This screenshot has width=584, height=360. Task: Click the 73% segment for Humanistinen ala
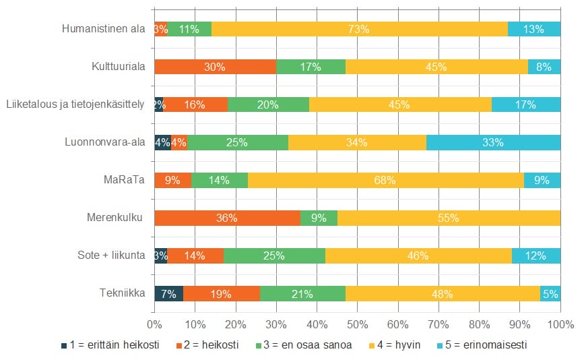[x=359, y=29]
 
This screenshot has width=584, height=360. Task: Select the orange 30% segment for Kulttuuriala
[x=215, y=67]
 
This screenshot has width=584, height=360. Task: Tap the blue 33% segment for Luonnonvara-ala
[x=493, y=142]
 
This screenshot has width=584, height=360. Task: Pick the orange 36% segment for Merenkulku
[x=227, y=218]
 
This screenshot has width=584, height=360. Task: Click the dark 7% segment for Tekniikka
[x=168, y=293]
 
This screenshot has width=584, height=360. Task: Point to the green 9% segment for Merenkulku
[x=319, y=218]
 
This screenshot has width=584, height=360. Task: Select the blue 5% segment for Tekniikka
[x=550, y=293]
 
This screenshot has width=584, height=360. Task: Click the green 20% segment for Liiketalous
[x=268, y=104]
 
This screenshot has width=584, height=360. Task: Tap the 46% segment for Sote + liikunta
[x=418, y=256]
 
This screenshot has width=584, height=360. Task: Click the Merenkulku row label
[x=116, y=218]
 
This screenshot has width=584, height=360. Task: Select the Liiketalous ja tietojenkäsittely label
[x=75, y=104]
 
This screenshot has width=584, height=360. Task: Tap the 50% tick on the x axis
[x=357, y=324]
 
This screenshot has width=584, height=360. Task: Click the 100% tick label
[x=559, y=324]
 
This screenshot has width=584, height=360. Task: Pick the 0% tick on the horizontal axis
[x=155, y=324]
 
